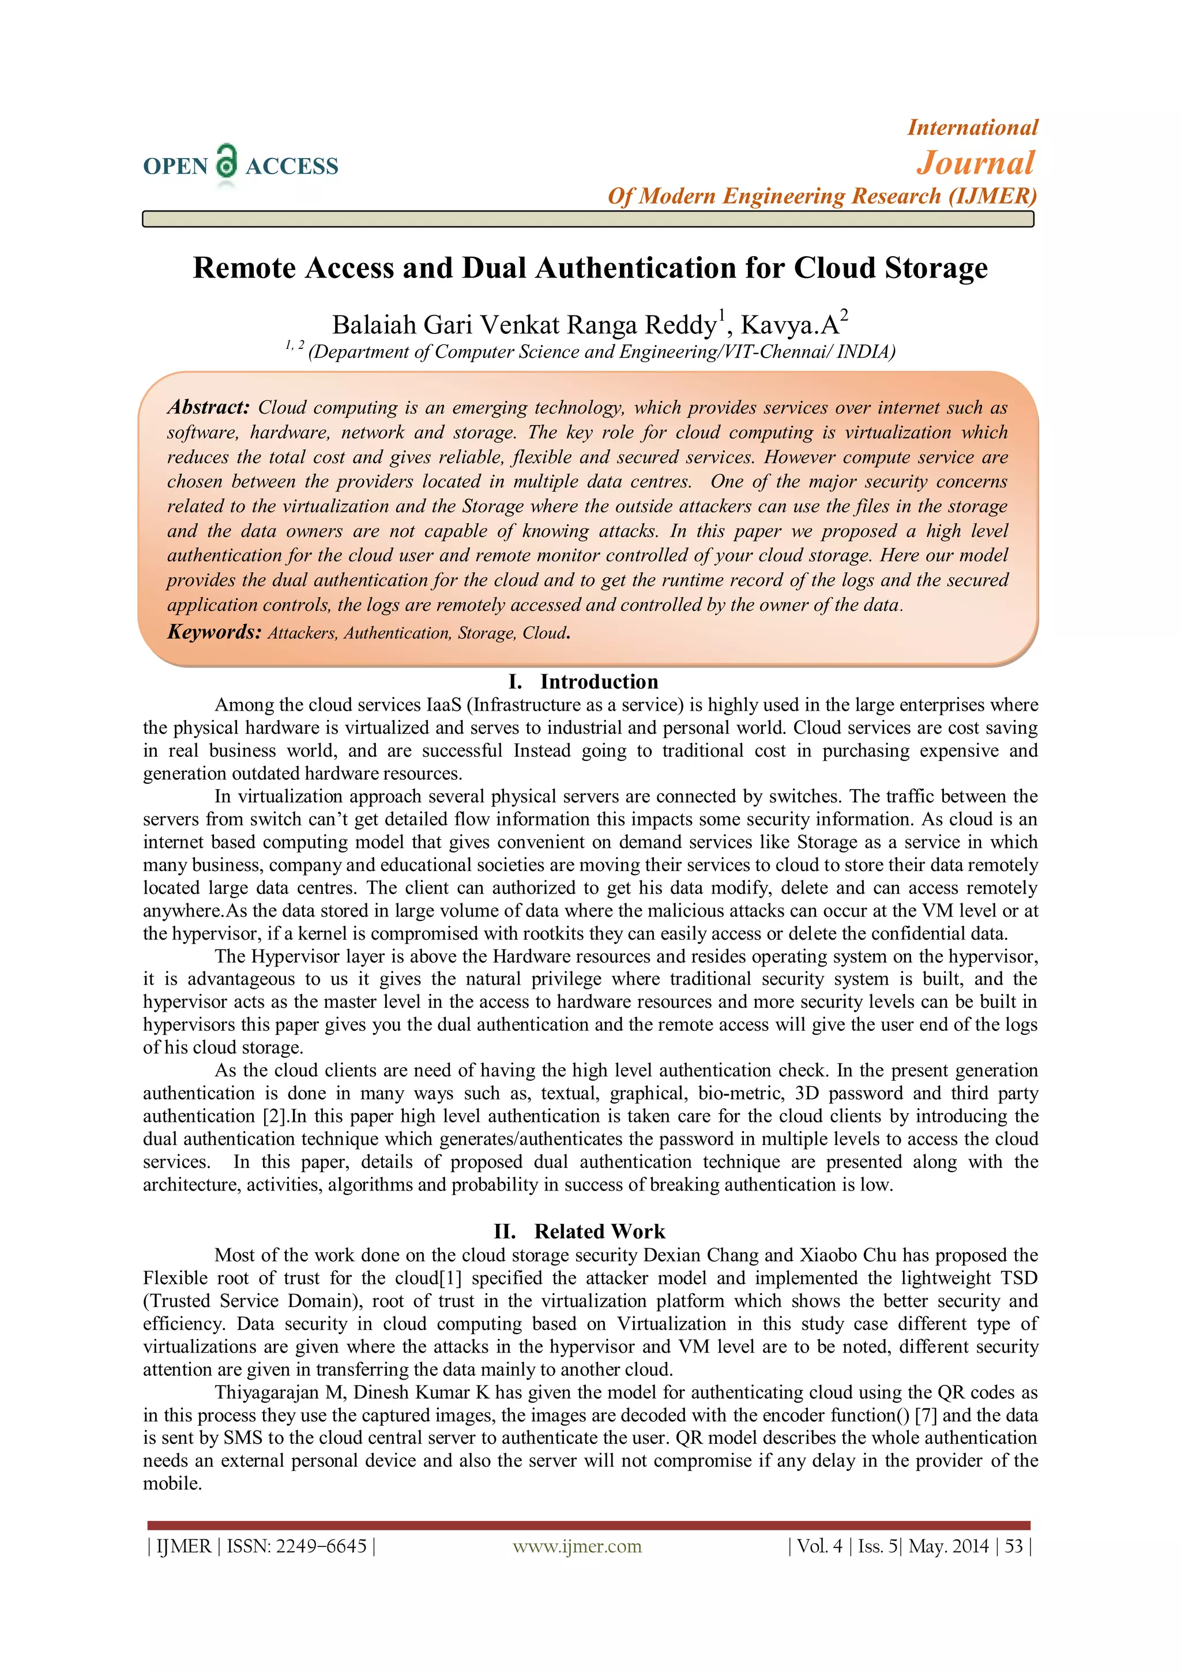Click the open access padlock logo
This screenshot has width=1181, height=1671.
pos(227,162)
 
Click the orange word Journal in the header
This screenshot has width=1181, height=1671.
pos(975,163)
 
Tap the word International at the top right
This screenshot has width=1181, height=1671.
pos(972,127)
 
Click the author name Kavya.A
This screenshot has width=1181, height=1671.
pos(789,325)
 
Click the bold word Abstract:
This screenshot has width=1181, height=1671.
pos(208,408)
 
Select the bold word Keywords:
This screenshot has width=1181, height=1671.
pos(214,632)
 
